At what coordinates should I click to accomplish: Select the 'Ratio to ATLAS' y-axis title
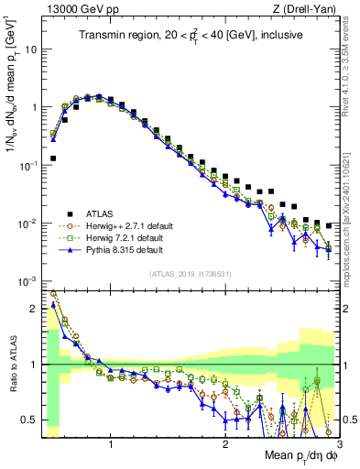pos(10,365)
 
